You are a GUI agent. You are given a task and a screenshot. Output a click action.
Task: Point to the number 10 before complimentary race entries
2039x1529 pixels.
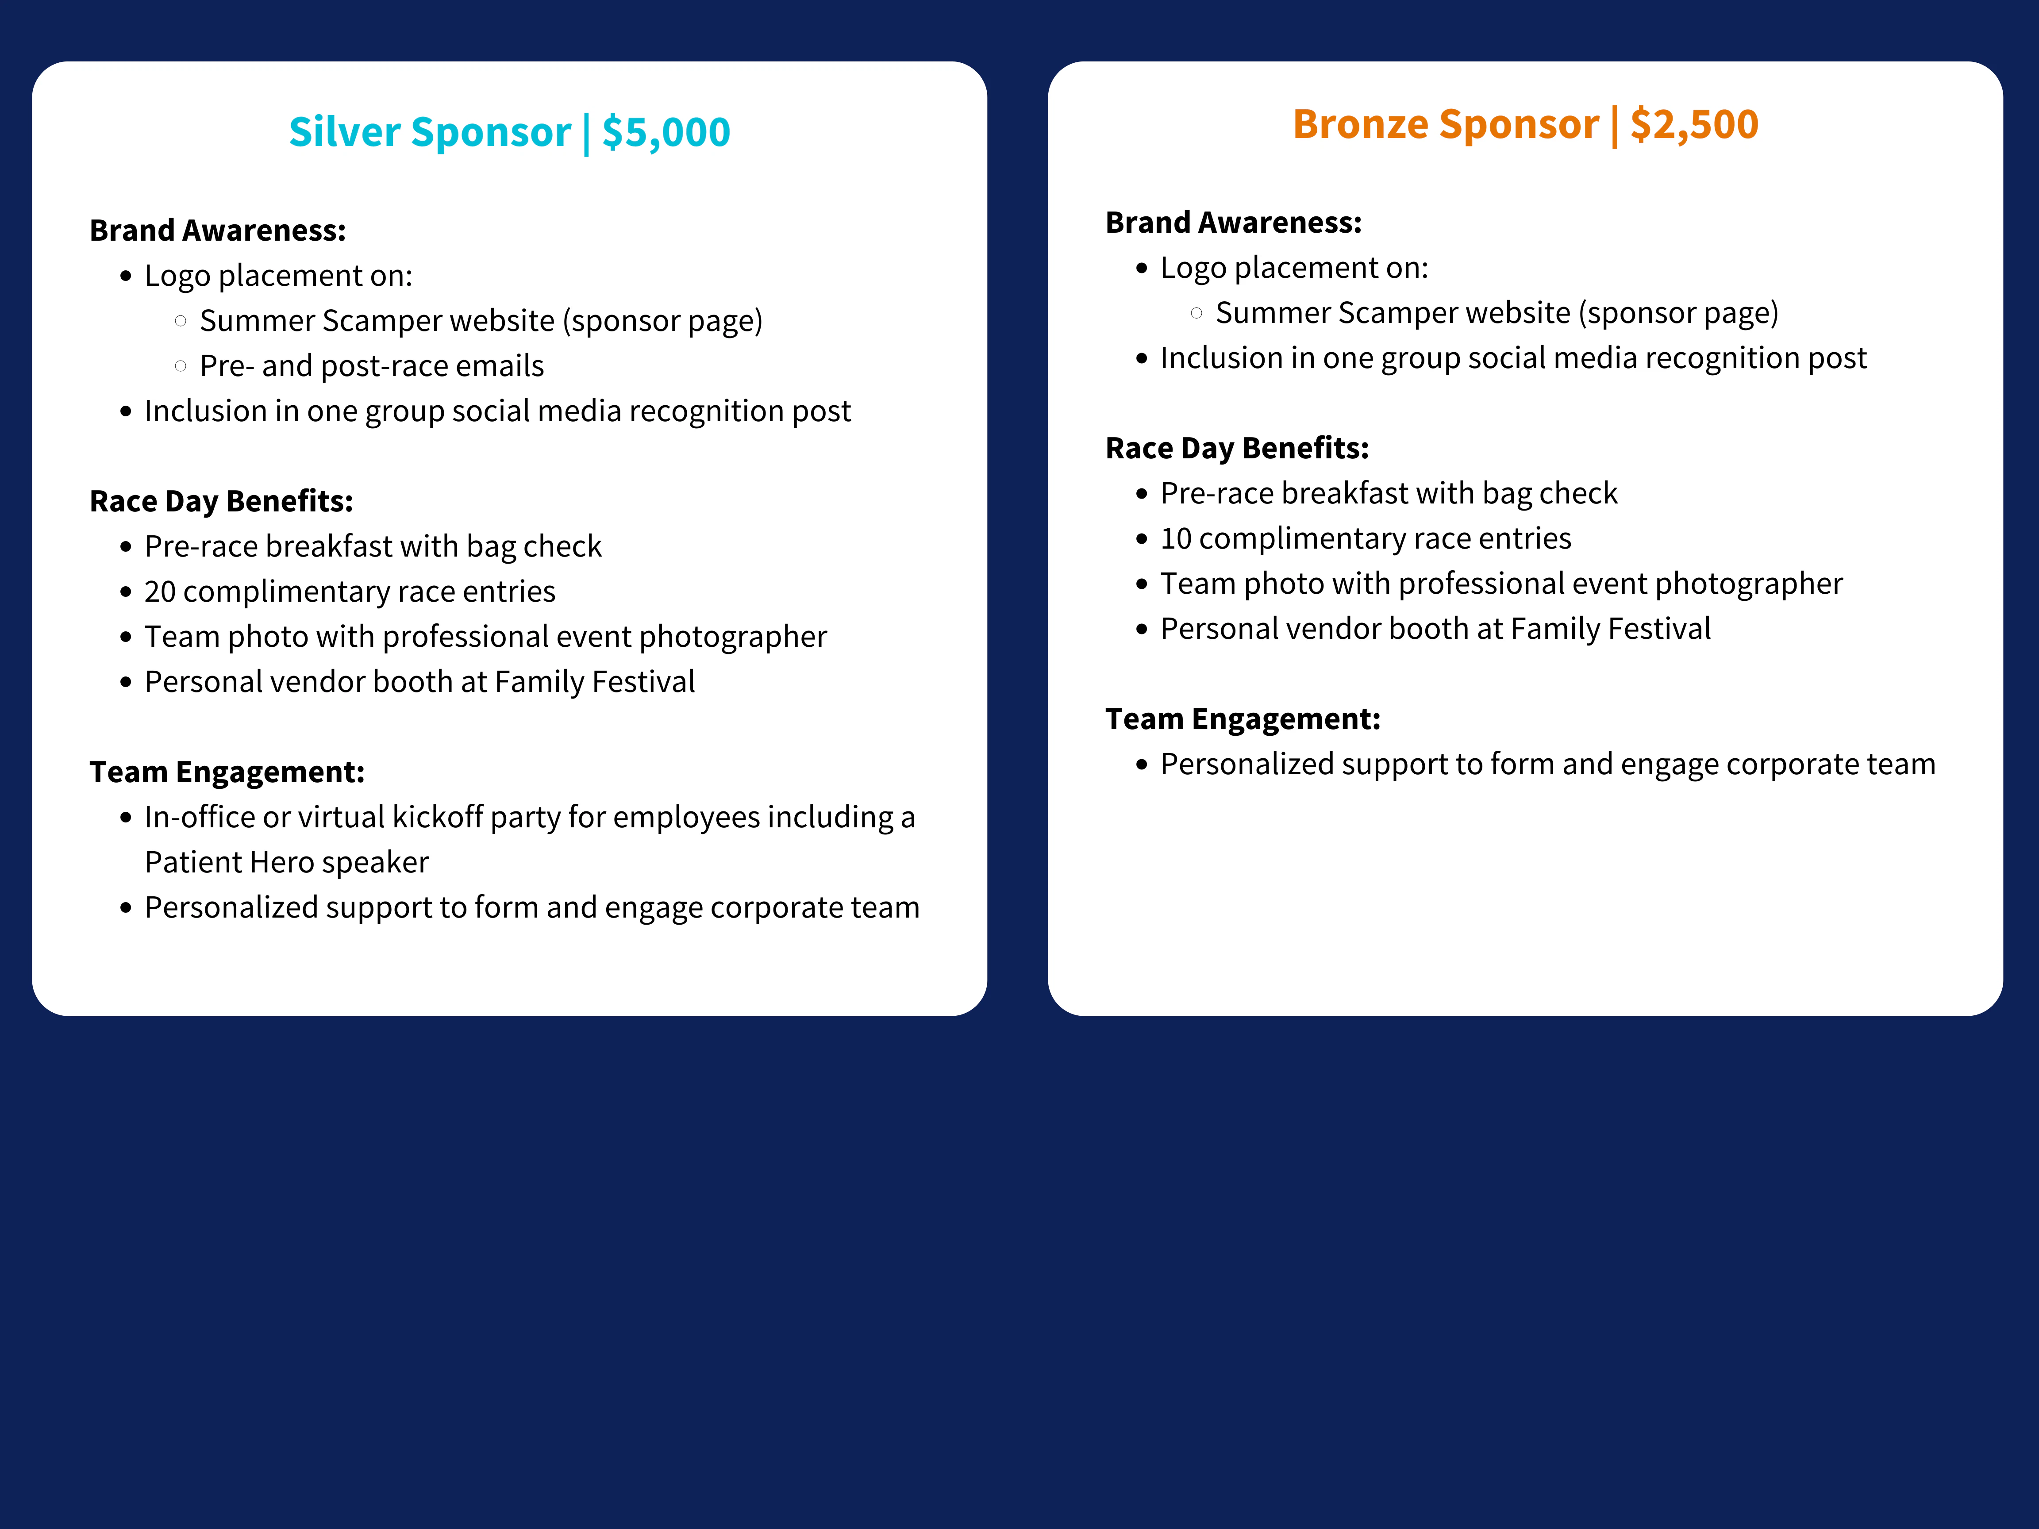[x=1176, y=538]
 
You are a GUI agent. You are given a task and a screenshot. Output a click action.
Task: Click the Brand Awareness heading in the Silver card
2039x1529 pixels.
[x=218, y=231]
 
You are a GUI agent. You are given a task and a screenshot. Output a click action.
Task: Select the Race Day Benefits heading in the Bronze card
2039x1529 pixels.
[x=1237, y=448]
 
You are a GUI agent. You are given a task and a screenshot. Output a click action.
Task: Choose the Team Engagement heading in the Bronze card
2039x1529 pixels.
[x=1243, y=719]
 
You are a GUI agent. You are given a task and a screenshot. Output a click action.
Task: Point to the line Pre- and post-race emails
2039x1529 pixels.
[x=372, y=366]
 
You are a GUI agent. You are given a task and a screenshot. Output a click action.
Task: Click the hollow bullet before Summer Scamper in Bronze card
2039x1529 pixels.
[x=1196, y=313]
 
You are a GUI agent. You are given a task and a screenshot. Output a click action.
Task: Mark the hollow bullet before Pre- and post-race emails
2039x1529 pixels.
[x=181, y=366]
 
